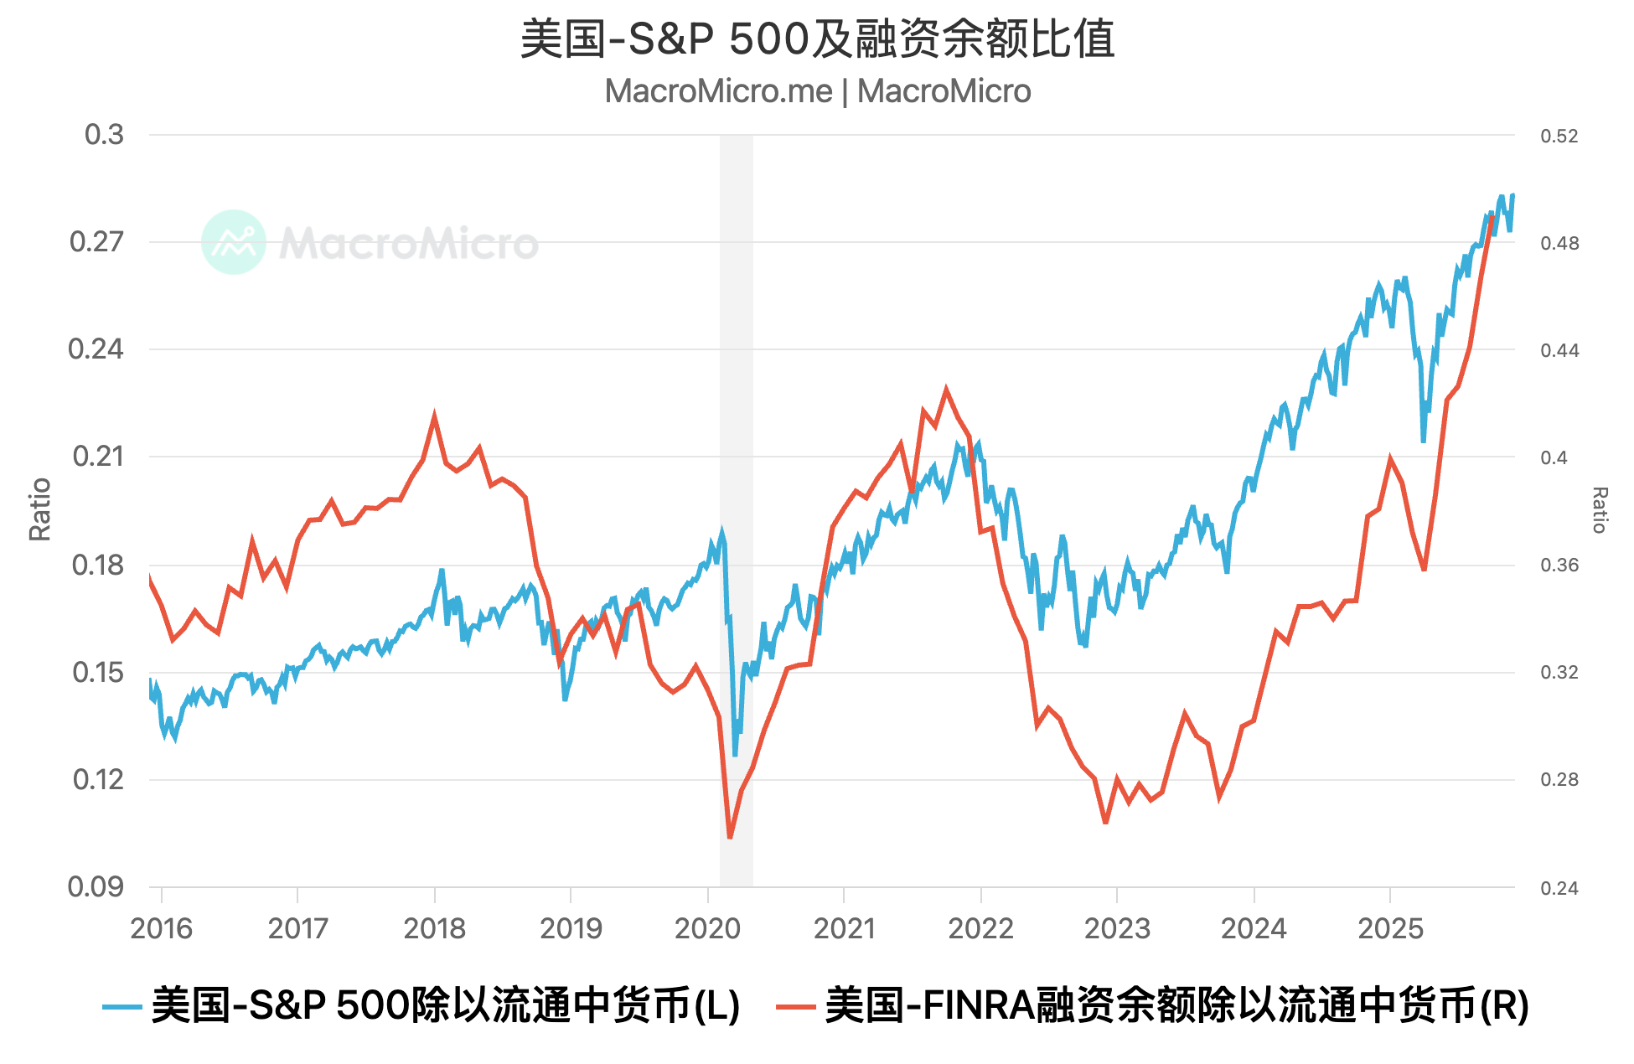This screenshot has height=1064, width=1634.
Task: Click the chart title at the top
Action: (x=817, y=39)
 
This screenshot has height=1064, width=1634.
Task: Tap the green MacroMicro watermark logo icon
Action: (x=234, y=242)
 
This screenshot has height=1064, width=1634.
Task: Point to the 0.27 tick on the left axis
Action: (x=96, y=242)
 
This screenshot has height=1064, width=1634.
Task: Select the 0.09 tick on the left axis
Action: (x=96, y=886)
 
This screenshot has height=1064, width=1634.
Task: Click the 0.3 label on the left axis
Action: (x=104, y=135)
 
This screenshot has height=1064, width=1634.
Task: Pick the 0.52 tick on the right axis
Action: (x=1559, y=136)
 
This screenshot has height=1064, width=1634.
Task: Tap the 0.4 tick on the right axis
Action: (x=1554, y=457)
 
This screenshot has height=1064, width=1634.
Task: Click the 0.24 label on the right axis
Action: (x=1559, y=887)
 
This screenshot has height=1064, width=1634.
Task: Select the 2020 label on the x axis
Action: (x=707, y=928)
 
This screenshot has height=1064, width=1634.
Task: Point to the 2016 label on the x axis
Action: (x=162, y=928)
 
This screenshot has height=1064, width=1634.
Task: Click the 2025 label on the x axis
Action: (x=1390, y=928)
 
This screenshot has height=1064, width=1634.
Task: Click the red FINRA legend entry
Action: (x=1153, y=1005)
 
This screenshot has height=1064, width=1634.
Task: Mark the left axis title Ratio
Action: (x=40, y=509)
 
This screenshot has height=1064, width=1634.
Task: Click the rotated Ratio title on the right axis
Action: (x=1599, y=509)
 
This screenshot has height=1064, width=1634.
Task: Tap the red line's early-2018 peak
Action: (x=434, y=416)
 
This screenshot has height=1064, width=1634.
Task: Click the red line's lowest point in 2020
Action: (x=730, y=836)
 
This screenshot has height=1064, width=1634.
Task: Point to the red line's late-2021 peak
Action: (x=946, y=390)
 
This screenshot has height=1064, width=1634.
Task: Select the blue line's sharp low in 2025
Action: (x=1423, y=440)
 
